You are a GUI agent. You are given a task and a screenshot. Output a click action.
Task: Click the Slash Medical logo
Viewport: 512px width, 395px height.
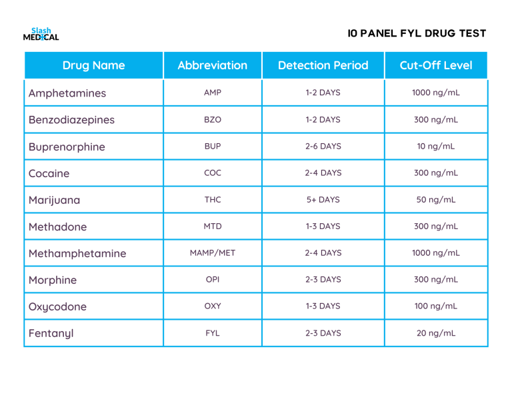click(x=41, y=34)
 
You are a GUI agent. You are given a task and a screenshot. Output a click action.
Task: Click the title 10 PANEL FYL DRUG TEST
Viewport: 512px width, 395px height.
click(x=417, y=33)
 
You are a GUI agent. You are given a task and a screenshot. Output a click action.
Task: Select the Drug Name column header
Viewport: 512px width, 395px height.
click(x=93, y=65)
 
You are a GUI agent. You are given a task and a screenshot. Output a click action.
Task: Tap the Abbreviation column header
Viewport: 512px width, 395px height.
click(x=212, y=65)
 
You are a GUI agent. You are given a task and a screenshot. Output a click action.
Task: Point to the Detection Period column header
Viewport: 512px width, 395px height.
click(x=323, y=65)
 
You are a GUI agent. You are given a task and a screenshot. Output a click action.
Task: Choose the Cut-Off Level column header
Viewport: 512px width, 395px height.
click(x=436, y=65)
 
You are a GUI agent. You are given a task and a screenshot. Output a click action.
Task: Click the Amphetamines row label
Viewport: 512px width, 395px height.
click(x=67, y=93)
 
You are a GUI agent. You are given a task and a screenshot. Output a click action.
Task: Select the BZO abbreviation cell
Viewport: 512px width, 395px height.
click(x=213, y=120)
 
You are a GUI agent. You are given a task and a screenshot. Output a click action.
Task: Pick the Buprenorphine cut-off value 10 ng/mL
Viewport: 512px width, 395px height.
click(x=436, y=147)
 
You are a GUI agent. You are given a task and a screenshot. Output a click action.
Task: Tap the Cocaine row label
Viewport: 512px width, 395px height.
click(x=49, y=173)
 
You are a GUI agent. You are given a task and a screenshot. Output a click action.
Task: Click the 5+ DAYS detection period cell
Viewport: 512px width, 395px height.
click(x=323, y=200)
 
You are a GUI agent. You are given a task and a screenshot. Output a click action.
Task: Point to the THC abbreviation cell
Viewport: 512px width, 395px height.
click(x=213, y=200)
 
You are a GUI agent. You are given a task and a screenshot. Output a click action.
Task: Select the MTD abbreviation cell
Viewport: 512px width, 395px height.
click(x=213, y=226)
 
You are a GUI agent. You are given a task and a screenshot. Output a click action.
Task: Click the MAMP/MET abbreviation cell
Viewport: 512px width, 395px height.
click(x=213, y=253)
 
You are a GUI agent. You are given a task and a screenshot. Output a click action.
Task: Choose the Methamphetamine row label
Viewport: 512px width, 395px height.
click(x=77, y=253)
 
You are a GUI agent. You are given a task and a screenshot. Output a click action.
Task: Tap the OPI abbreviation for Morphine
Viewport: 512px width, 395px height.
click(x=213, y=280)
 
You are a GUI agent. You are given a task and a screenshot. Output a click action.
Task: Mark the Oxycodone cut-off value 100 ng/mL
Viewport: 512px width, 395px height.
click(x=436, y=306)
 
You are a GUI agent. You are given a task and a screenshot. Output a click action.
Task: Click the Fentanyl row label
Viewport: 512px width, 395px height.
click(x=51, y=333)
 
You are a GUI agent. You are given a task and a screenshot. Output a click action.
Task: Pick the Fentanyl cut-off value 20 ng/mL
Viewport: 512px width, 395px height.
click(x=436, y=333)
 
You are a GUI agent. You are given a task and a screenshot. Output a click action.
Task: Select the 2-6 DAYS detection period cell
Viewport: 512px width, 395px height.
click(x=323, y=147)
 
